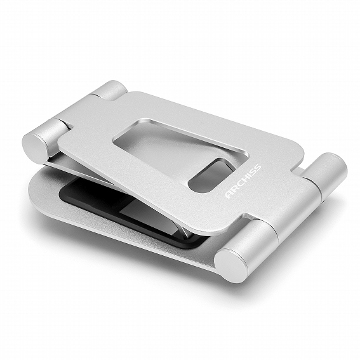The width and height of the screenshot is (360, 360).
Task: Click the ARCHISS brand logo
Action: pyautogui.click(x=243, y=181)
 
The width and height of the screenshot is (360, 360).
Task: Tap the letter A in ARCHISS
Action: pyautogui.click(x=229, y=194)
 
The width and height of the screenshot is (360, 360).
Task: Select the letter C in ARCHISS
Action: pyautogui.click(x=240, y=184)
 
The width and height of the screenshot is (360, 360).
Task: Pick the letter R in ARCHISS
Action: pyautogui.click(x=235, y=189)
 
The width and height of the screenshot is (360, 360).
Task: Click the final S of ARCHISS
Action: pyautogui.click(x=258, y=168)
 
